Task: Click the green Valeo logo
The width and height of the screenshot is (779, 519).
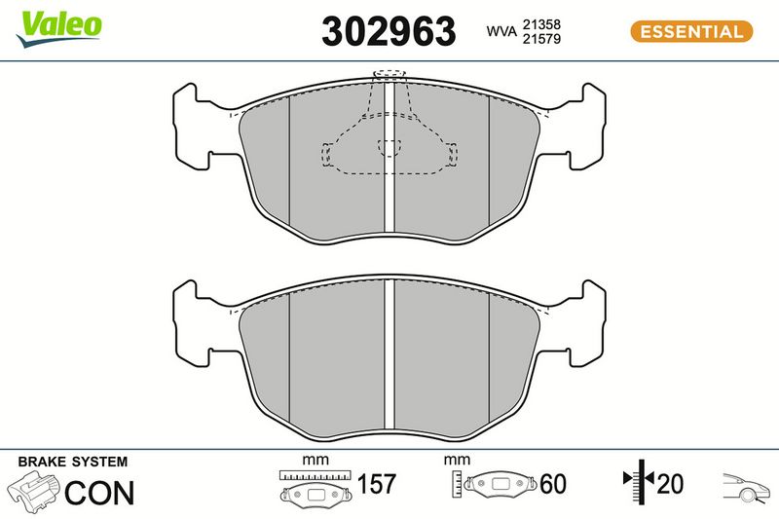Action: pos(58,29)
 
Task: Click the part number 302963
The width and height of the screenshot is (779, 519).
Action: pos(389,31)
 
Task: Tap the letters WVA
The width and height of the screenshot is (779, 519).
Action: pos(501,31)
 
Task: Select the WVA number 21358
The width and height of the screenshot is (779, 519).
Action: pos(541,24)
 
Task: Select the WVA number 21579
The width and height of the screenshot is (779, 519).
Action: pos(541,39)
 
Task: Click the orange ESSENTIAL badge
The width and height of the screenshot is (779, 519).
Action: pos(691,32)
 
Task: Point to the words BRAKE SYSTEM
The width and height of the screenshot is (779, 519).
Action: pos(73,462)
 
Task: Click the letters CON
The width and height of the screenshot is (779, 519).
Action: pos(99,493)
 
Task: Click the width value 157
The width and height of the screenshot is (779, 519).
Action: pos(377,484)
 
